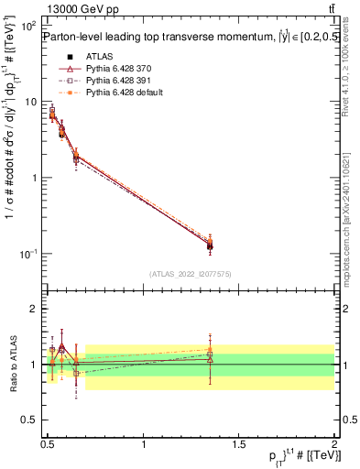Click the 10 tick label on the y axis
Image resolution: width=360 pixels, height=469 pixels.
(30, 102)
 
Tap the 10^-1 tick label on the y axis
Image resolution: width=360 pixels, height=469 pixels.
(27, 253)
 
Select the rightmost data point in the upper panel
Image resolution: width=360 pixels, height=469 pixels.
(211, 245)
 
